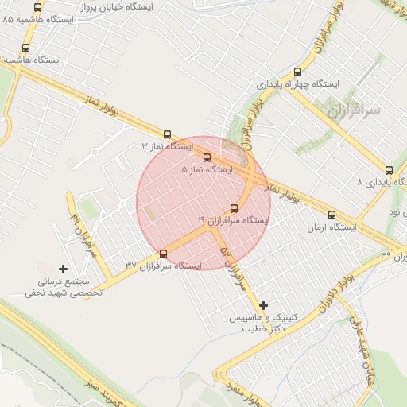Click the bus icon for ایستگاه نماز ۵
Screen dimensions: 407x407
pyautogui.click(x=207, y=157)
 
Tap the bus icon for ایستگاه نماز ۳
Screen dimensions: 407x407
pyautogui.click(x=167, y=134)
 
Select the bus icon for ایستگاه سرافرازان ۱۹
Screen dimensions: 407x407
pyautogui.click(x=234, y=208)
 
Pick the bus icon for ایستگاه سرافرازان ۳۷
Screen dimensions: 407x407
pyautogui.click(x=164, y=254)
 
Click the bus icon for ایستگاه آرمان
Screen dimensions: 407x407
pyautogui.click(x=331, y=214)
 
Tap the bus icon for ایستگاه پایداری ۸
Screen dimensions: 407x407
pyautogui.click(x=389, y=169)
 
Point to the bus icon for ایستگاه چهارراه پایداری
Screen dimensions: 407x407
pyautogui.click(x=297, y=72)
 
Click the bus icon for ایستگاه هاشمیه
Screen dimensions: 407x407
pyautogui.click(x=26, y=48)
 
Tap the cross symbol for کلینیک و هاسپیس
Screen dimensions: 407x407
pyautogui.click(x=264, y=304)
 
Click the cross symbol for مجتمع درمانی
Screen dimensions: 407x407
pyautogui.click(x=64, y=269)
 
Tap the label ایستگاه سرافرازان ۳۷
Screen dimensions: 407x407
pyautogui.click(x=163, y=266)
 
